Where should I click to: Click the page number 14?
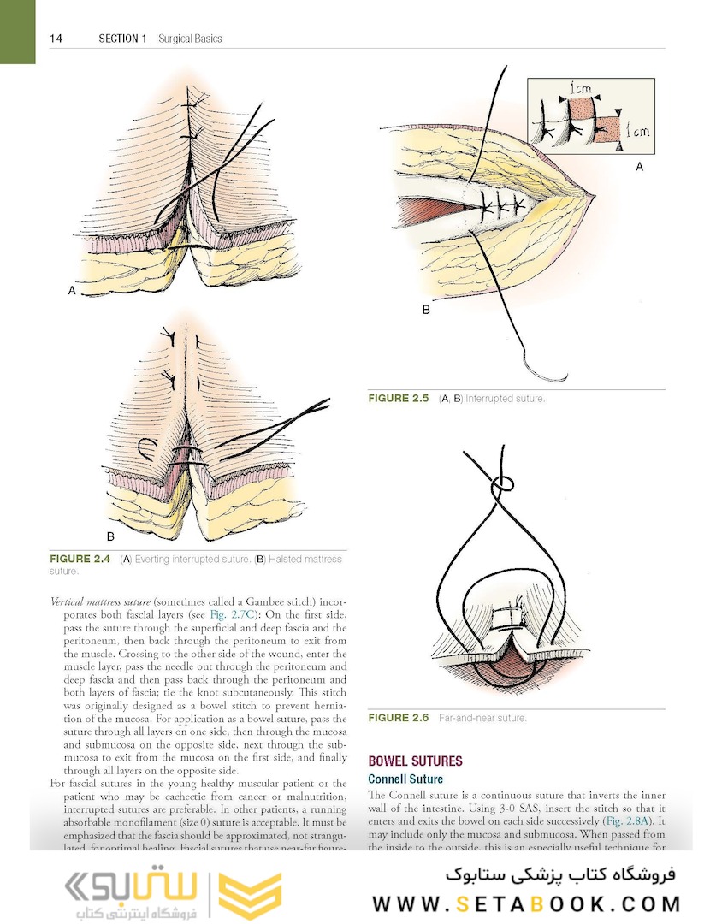[x=56, y=38]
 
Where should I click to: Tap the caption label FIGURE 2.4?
[x=80, y=560]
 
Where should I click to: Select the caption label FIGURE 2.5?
[x=398, y=399]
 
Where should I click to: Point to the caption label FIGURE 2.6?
[x=398, y=718]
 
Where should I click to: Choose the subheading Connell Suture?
[x=405, y=779]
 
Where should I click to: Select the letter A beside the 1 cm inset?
[x=639, y=168]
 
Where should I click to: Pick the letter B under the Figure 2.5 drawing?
[x=426, y=310]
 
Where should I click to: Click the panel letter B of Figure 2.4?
[x=109, y=536]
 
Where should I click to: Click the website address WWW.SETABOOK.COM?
[x=526, y=903]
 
